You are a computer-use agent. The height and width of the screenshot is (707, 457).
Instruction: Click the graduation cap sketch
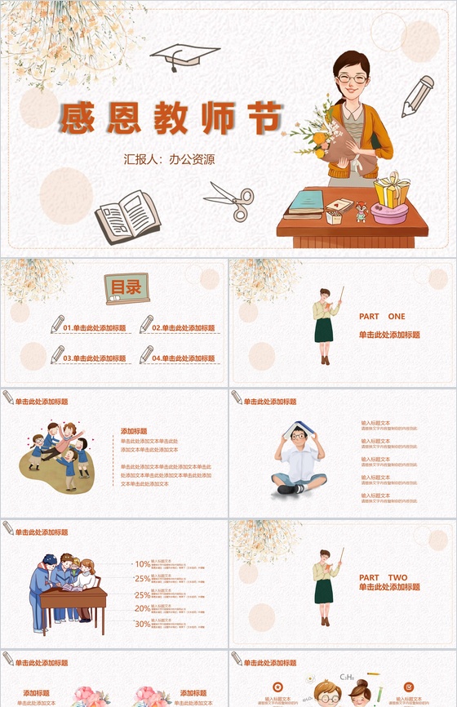pos(185,56)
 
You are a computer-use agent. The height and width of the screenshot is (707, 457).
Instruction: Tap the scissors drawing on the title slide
pos(231,200)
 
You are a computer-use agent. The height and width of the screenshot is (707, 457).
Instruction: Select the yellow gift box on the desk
pos(391,190)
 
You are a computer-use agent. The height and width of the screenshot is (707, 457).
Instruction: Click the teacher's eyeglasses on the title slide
pos(352,79)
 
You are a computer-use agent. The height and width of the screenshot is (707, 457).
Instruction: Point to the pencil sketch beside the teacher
pos(418,96)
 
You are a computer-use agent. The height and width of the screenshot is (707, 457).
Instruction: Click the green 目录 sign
pos(126,287)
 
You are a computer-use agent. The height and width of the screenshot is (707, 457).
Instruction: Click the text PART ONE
pos(382,317)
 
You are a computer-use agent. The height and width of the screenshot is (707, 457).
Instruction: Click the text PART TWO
pos(383,577)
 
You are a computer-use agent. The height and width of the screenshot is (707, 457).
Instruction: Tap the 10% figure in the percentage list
pos(143,564)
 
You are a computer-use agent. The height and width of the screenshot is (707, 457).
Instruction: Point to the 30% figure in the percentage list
pos(143,624)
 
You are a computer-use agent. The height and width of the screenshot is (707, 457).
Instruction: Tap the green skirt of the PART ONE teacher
pos(324,331)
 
